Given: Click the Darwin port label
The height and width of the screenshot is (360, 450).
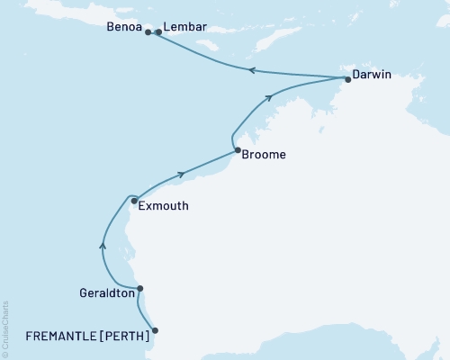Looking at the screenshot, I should pos(373,75).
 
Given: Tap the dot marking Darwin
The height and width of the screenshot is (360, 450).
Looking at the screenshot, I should pos(347,79).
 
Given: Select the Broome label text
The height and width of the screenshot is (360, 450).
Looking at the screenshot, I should pos(265,155).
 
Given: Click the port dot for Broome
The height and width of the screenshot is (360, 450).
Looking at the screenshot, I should pos(237,151).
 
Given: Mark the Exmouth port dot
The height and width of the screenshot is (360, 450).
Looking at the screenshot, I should pos(134,202).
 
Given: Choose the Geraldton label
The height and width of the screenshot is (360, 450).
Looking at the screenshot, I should pos(103,293).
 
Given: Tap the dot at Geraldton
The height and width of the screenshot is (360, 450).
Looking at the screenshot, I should pos(139,289).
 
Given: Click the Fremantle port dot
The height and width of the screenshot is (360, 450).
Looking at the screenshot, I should pos(156,330).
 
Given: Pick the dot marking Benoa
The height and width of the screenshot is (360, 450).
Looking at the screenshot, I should pos(148,32).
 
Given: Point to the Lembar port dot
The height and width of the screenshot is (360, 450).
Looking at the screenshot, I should pos(158,32).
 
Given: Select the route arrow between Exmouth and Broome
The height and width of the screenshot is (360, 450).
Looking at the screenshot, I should pos(183,174).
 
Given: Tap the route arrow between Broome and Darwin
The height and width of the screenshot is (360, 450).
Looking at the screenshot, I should pos(270,97).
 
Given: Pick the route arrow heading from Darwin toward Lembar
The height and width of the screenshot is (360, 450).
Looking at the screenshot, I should pos(252,70).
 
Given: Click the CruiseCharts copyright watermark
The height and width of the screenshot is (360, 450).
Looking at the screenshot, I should pos(5,326).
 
